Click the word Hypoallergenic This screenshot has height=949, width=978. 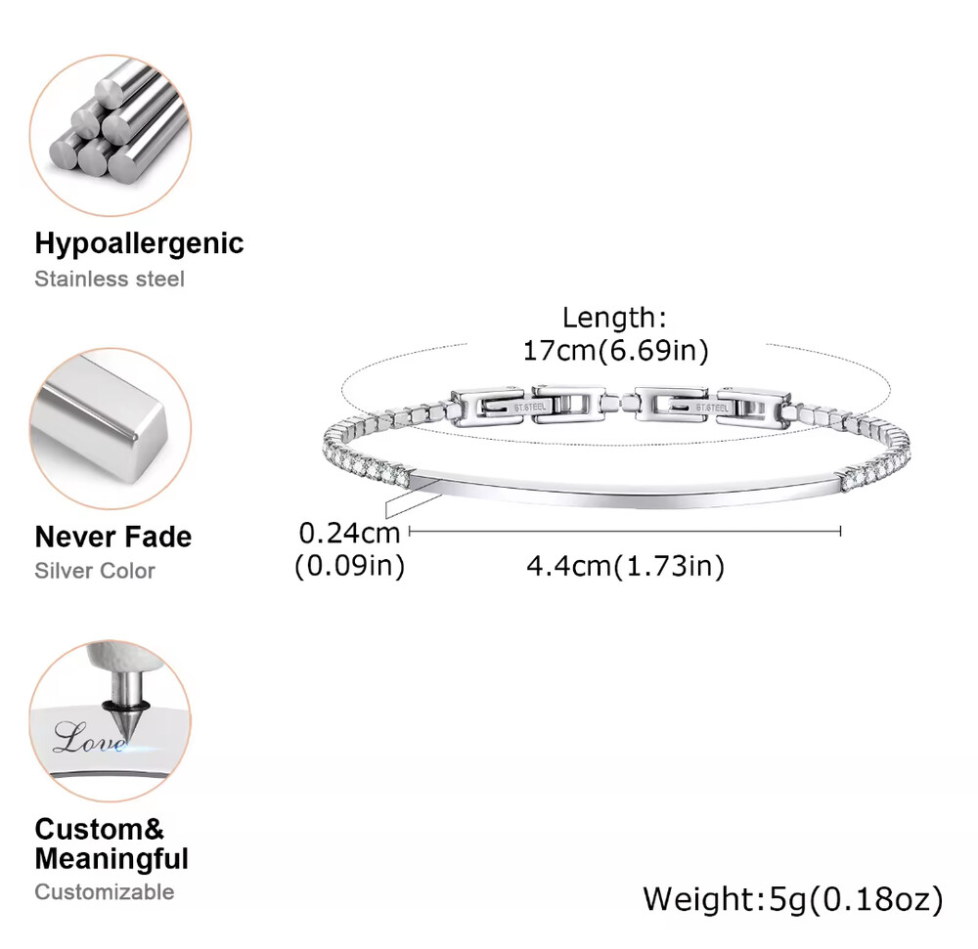[x=139, y=242]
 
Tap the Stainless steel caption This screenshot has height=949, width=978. [x=110, y=279]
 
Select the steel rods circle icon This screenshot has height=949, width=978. [x=111, y=135]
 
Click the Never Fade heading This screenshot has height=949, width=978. [x=113, y=537]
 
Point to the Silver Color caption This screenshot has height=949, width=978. [x=95, y=571]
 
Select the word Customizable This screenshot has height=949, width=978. [x=105, y=891]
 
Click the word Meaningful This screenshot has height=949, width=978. [x=111, y=860]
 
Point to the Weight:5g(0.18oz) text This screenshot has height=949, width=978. [x=793, y=898]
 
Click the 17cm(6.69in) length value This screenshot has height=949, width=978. [x=615, y=351]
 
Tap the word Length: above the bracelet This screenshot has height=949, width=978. [x=614, y=318]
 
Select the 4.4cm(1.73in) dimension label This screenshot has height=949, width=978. [x=625, y=566]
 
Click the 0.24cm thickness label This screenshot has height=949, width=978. [x=349, y=533]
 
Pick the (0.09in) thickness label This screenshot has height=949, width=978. [x=349, y=566]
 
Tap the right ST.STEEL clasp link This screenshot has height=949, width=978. [x=710, y=404]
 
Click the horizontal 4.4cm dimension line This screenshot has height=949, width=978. [x=625, y=531]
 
